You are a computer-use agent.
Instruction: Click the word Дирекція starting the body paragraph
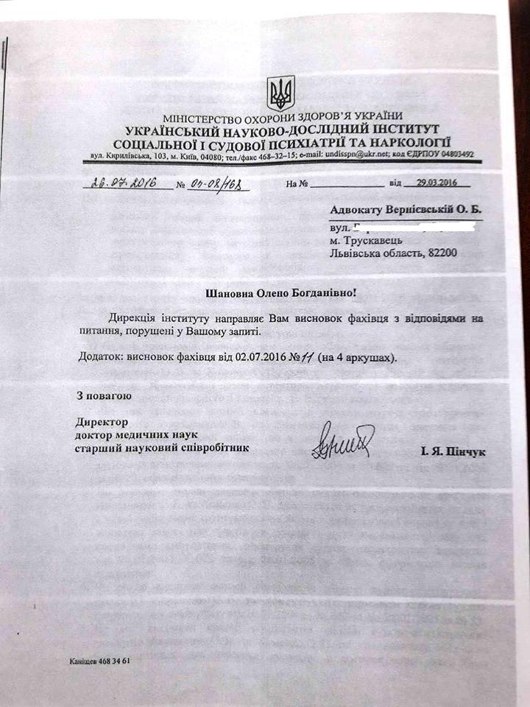(x=132, y=318)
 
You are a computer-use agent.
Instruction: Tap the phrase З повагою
(x=104, y=396)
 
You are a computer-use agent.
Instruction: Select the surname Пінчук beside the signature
(x=464, y=451)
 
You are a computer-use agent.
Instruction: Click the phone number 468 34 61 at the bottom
(x=112, y=661)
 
